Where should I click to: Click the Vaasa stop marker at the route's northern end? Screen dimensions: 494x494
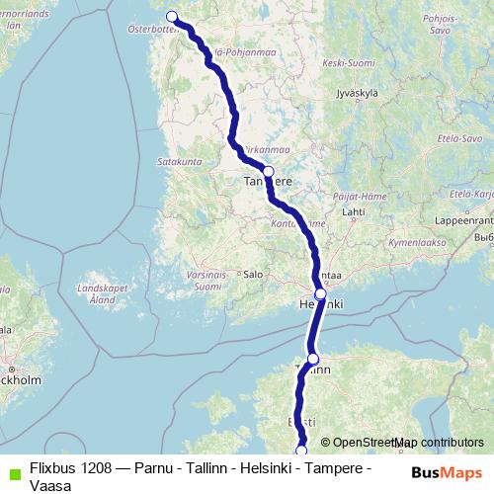click(x=171, y=16)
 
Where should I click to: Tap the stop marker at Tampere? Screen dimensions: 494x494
click(x=268, y=171)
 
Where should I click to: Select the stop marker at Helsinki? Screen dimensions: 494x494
click(x=320, y=293)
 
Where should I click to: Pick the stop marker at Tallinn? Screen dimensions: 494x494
click(x=313, y=359)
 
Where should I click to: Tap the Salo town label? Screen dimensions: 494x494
click(x=252, y=274)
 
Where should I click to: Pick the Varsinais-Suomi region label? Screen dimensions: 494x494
click(x=206, y=281)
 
